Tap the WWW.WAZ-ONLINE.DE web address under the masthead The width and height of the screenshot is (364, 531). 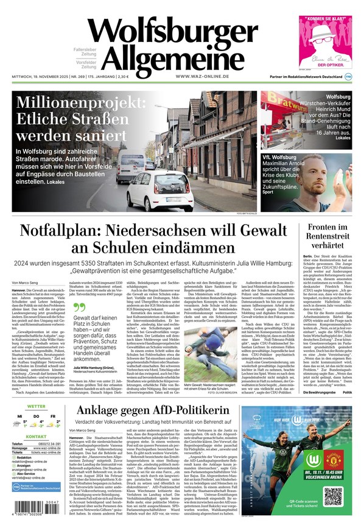point(202,76)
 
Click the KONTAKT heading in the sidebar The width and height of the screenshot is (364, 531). point(36,437)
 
